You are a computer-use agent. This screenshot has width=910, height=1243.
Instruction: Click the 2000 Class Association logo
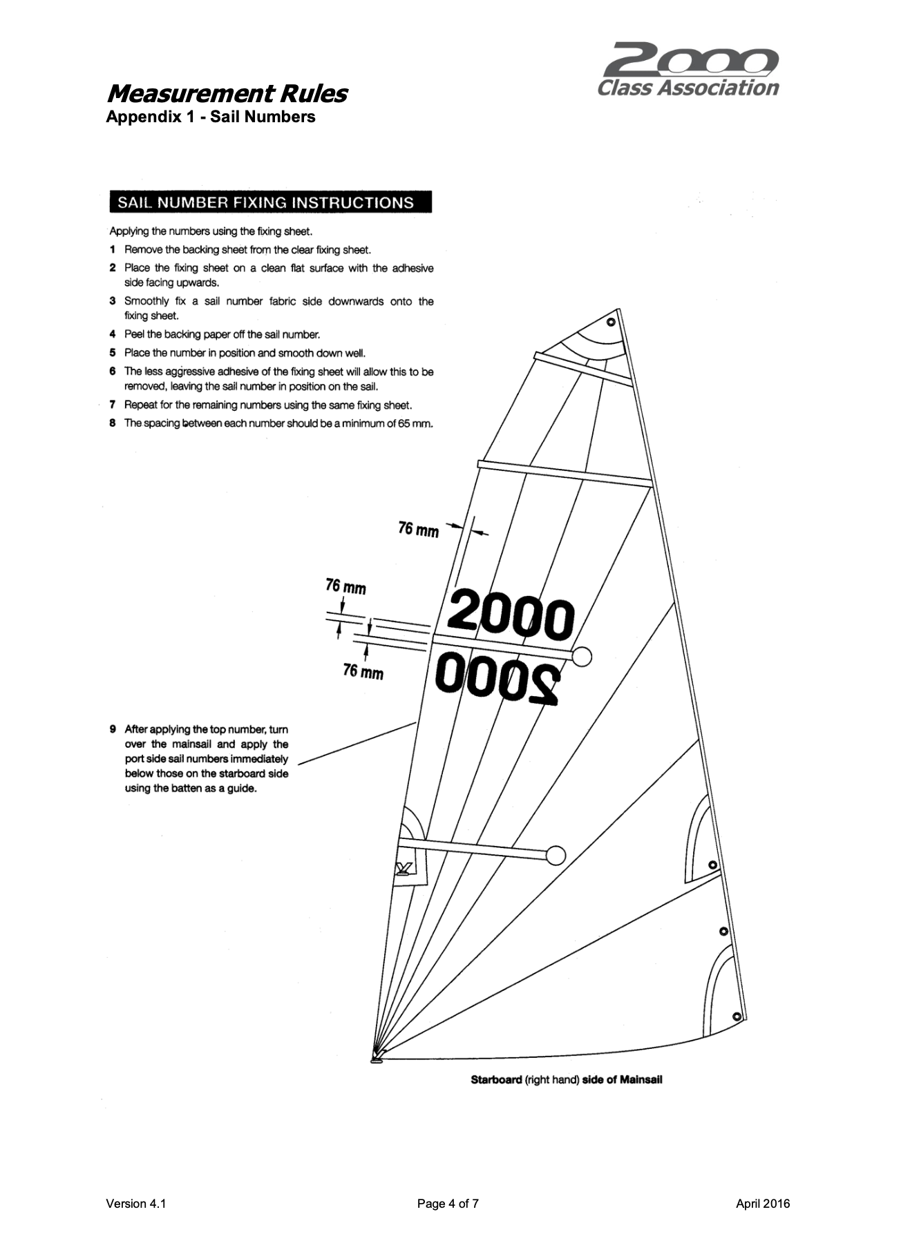688,70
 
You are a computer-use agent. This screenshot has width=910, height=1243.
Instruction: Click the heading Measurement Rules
227,93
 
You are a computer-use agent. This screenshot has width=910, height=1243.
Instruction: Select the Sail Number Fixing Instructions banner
270,202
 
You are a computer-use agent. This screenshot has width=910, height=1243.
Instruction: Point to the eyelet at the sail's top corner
610,322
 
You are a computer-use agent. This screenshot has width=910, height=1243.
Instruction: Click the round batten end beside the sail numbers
582,656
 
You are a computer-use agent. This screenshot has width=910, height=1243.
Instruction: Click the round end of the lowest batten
556,856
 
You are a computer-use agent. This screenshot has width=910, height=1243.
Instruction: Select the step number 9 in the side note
113,729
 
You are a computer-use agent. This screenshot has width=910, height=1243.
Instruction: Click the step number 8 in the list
113,423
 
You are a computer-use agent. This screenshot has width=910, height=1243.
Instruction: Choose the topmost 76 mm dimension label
418,530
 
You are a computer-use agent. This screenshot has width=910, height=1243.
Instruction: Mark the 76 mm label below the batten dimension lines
363,671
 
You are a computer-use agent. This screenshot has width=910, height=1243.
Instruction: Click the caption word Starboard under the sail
496,1079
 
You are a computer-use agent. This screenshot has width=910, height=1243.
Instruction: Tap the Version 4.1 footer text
136,1204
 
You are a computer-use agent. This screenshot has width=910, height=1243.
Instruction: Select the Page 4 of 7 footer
448,1204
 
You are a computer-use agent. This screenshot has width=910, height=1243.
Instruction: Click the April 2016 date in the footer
762,1204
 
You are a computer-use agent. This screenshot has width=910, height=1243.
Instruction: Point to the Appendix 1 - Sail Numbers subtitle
210,117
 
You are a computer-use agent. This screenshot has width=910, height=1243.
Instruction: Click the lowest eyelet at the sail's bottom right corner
737,1016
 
